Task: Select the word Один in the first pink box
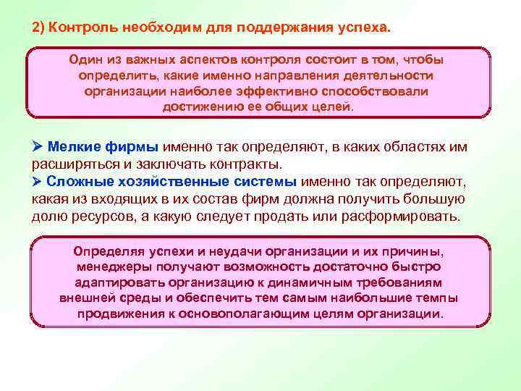pos(84,60)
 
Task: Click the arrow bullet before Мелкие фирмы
pos(38,147)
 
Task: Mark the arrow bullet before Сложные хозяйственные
pos(38,181)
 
